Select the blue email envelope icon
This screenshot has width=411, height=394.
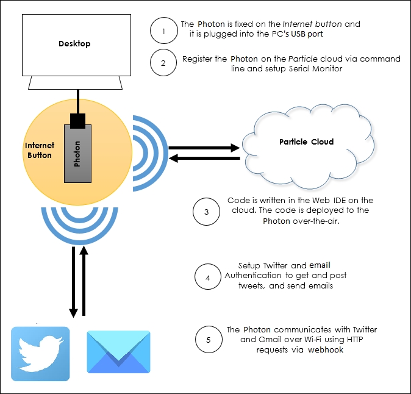pyautogui.click(x=118, y=352)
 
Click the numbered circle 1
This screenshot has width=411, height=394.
pyautogui.click(x=163, y=31)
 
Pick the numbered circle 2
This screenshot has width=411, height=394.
pyautogui.click(x=163, y=63)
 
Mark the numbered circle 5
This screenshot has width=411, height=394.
pyautogui.click(x=209, y=339)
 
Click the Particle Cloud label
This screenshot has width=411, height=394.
pyautogui.click(x=306, y=141)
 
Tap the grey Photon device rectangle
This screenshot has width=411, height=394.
pyautogui.click(x=77, y=155)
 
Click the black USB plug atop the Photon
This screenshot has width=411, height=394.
pyautogui.click(x=77, y=121)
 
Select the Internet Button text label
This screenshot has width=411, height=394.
pyautogui.click(x=40, y=150)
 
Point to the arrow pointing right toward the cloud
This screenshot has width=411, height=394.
pyautogui.click(x=204, y=147)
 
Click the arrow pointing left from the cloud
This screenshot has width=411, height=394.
pyautogui.click(x=204, y=159)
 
